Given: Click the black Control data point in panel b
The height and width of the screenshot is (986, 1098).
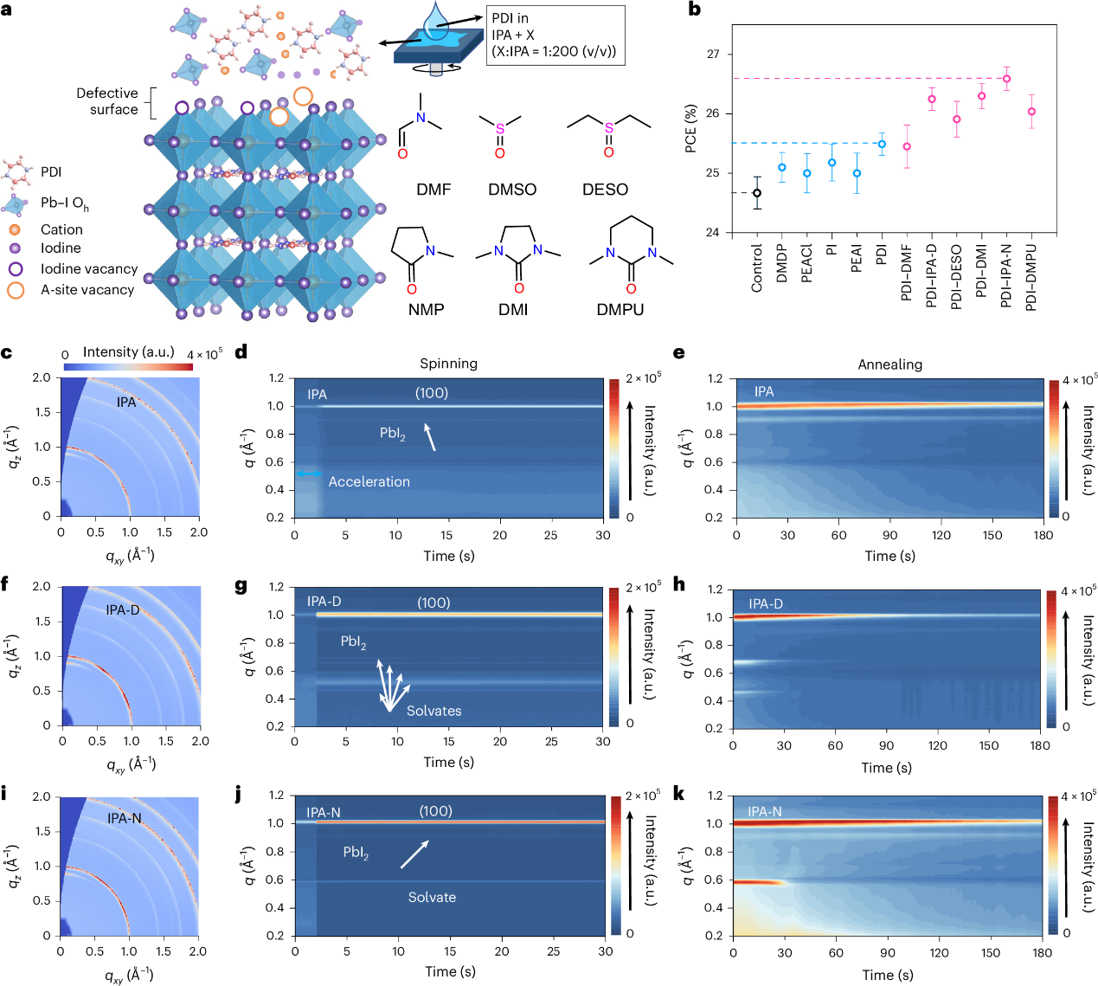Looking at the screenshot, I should point(757,193).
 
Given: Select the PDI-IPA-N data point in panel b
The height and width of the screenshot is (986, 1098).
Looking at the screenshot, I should point(1006,79).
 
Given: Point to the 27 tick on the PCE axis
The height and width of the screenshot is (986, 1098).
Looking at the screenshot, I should point(713,55).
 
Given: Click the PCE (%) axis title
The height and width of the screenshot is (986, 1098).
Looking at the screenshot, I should point(690,129).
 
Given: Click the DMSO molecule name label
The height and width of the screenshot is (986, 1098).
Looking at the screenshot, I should point(512,190).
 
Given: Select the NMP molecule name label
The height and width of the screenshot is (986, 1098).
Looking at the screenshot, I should point(427,309).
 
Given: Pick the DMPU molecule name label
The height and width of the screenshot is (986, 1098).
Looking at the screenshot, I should point(620,309).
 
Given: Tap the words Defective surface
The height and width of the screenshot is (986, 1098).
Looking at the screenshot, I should point(107,101).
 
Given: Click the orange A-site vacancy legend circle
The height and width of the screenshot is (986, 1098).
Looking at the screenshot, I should point(16,290).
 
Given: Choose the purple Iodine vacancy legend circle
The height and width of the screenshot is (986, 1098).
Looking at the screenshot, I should point(16,269).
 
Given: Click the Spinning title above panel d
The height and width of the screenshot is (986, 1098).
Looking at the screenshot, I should point(448,364).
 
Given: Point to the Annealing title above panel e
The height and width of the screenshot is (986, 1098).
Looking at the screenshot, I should point(889,364).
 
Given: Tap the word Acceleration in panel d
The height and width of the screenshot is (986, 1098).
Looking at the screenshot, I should point(369,481).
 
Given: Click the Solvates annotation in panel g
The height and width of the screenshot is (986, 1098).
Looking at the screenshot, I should point(433,711).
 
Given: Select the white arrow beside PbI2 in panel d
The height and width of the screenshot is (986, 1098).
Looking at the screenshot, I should point(429,436).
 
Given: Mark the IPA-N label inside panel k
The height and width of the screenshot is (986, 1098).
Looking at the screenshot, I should point(764,812).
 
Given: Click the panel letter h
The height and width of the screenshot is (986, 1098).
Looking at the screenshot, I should point(679,585).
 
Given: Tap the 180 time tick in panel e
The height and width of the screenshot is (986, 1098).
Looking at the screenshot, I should point(1043,535).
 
